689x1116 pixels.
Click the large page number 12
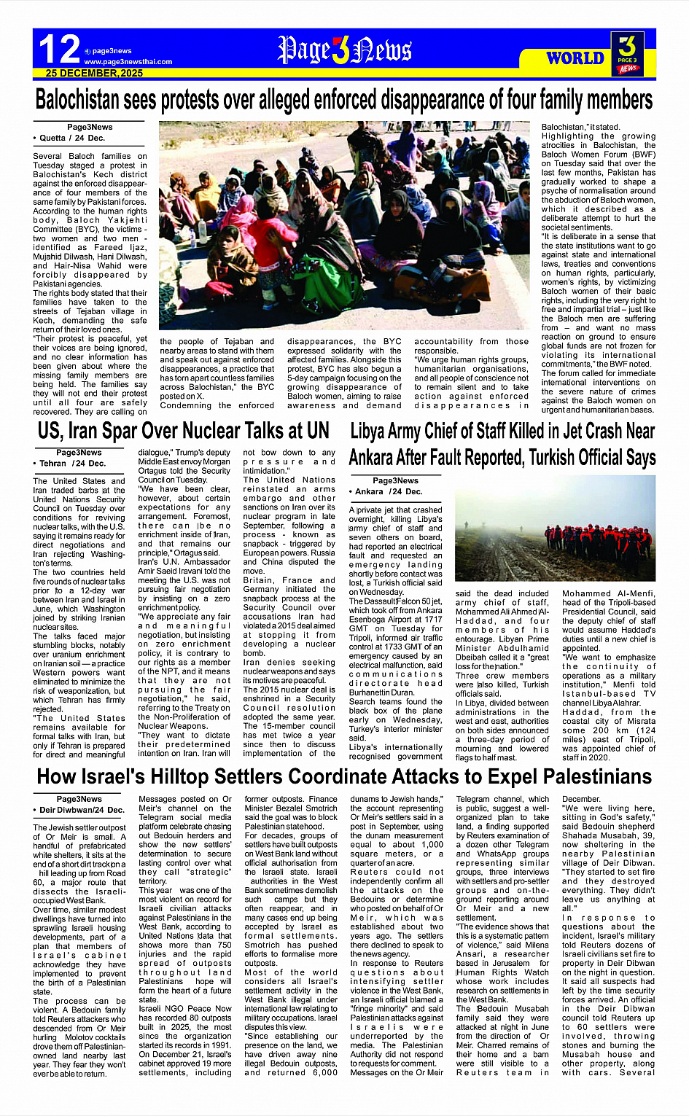coord(59,50)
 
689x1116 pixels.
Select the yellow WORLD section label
coord(575,58)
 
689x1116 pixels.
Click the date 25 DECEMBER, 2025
coord(94,74)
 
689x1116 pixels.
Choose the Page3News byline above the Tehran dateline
coord(79,453)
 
